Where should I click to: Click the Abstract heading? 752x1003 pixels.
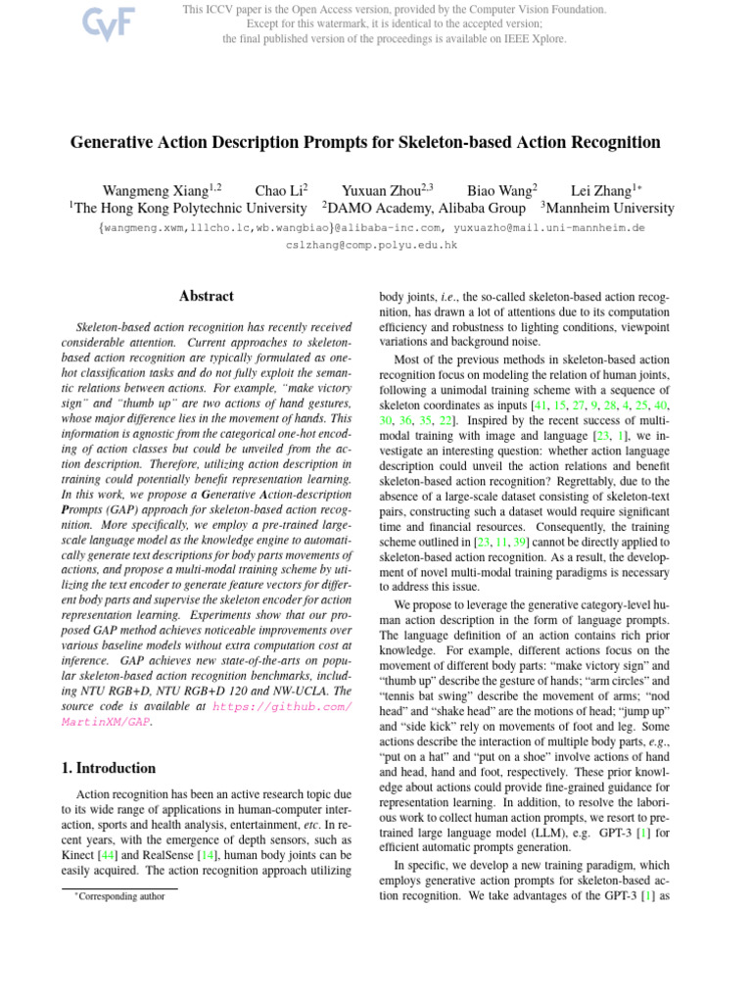tap(207, 296)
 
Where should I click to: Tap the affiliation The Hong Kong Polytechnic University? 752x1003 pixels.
tap(191, 208)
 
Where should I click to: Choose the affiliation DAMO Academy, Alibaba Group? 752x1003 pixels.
tap(427, 208)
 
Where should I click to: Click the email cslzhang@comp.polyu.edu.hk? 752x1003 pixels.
tap(371, 245)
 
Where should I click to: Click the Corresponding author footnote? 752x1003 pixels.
tap(121, 896)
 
